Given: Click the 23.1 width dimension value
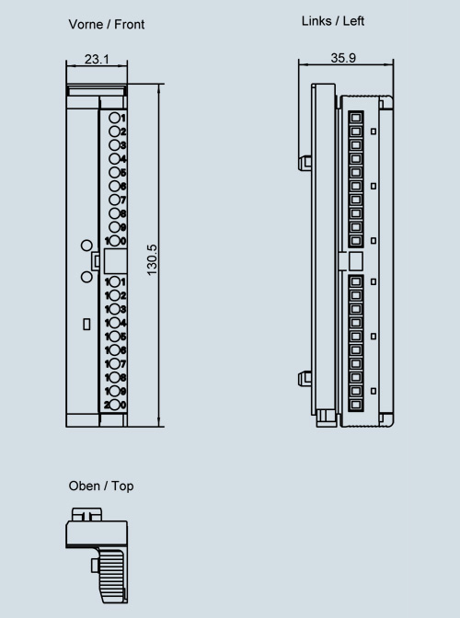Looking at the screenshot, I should pyautogui.click(x=97, y=59).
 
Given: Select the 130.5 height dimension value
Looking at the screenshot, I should pyautogui.click(x=153, y=259).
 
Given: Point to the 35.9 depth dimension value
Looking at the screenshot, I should pyautogui.click(x=343, y=57).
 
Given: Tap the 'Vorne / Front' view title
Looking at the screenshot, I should pyautogui.click(x=106, y=25).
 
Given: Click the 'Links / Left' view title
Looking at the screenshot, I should pyautogui.click(x=333, y=21).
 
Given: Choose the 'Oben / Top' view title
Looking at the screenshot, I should pyautogui.click(x=100, y=486).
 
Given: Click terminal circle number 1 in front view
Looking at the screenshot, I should pyautogui.click(x=113, y=119).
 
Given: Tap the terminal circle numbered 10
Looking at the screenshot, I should pyautogui.click(x=114, y=241).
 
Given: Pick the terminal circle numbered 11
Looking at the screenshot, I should pyautogui.click(x=114, y=281).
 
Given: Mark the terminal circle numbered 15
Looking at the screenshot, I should pyautogui.click(x=114, y=337).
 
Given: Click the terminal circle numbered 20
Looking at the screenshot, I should pyautogui.click(x=114, y=405).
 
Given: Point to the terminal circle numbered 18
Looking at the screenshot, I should pyautogui.click(x=114, y=377).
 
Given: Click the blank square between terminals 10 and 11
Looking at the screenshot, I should pyautogui.click(x=113, y=261).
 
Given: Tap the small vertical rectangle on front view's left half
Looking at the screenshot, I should pyautogui.click(x=86, y=324).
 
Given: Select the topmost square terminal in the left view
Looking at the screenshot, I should pyautogui.click(x=355, y=119).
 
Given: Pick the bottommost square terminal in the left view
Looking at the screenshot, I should pyautogui.click(x=355, y=405).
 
